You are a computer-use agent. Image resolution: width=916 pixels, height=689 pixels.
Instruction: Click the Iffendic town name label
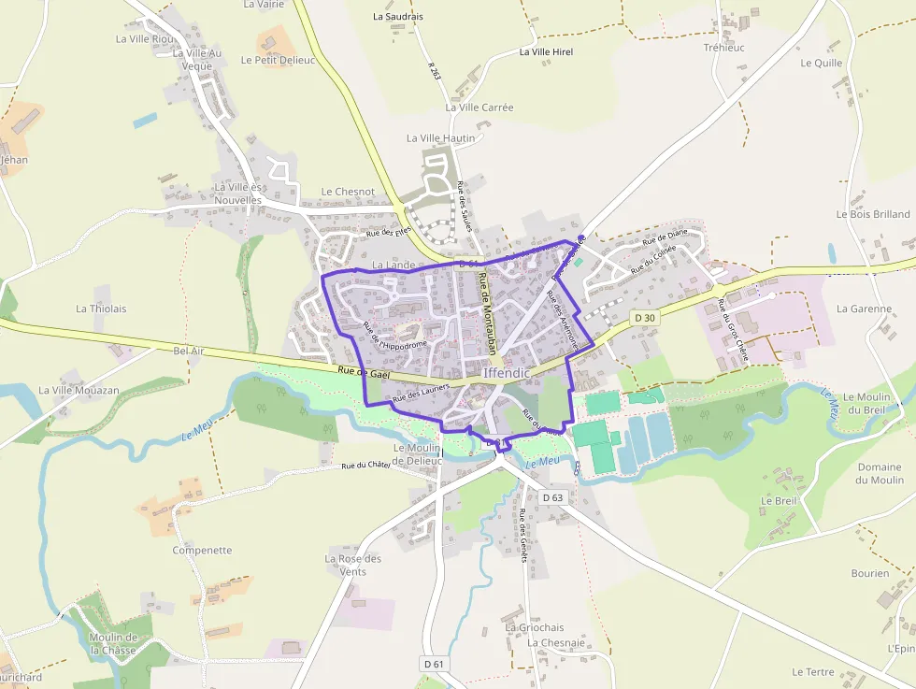pyautogui.click(x=507, y=373)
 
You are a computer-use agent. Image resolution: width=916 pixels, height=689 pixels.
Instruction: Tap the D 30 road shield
pyautogui.click(x=644, y=318)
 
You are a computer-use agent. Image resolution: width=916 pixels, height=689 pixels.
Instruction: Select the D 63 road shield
pyautogui.click(x=552, y=497)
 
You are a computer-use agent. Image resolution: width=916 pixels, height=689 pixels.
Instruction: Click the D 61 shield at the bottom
pyautogui.click(x=433, y=664)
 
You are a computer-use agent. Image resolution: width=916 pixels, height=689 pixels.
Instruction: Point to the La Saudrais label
pyautogui.click(x=398, y=16)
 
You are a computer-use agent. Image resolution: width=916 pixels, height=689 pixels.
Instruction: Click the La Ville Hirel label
pyautogui.click(x=546, y=51)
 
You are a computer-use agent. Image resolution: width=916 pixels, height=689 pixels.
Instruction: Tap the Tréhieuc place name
pyautogui.click(x=723, y=48)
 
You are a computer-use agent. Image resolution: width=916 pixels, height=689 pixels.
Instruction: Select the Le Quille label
pyautogui.click(x=821, y=64)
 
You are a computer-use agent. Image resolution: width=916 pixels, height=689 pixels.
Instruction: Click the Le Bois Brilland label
pyautogui.click(x=873, y=214)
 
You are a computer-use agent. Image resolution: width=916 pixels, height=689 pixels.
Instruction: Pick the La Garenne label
pyautogui.click(x=864, y=309)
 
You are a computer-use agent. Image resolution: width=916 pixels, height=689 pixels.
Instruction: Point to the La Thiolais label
pyautogui.click(x=101, y=309)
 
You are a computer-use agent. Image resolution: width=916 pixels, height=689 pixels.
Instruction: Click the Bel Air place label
pyautogui.click(x=188, y=351)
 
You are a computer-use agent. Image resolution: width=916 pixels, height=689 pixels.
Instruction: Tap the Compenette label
pyautogui.click(x=202, y=550)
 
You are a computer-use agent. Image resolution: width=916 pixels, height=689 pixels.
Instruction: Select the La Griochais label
pyautogui.click(x=535, y=628)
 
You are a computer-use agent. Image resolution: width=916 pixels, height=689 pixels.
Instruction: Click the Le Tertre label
pyautogui.click(x=812, y=671)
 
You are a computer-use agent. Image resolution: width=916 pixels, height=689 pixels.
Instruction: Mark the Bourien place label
pyautogui.click(x=869, y=573)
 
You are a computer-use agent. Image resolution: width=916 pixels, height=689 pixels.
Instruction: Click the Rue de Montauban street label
pyautogui.click(x=486, y=314)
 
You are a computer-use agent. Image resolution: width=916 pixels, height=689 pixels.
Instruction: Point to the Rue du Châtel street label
pyautogui.click(x=365, y=465)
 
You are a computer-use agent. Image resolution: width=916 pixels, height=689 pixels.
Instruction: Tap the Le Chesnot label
pyautogui.click(x=348, y=192)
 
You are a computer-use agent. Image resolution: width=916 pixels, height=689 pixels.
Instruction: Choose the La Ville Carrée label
pyautogui.click(x=479, y=108)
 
